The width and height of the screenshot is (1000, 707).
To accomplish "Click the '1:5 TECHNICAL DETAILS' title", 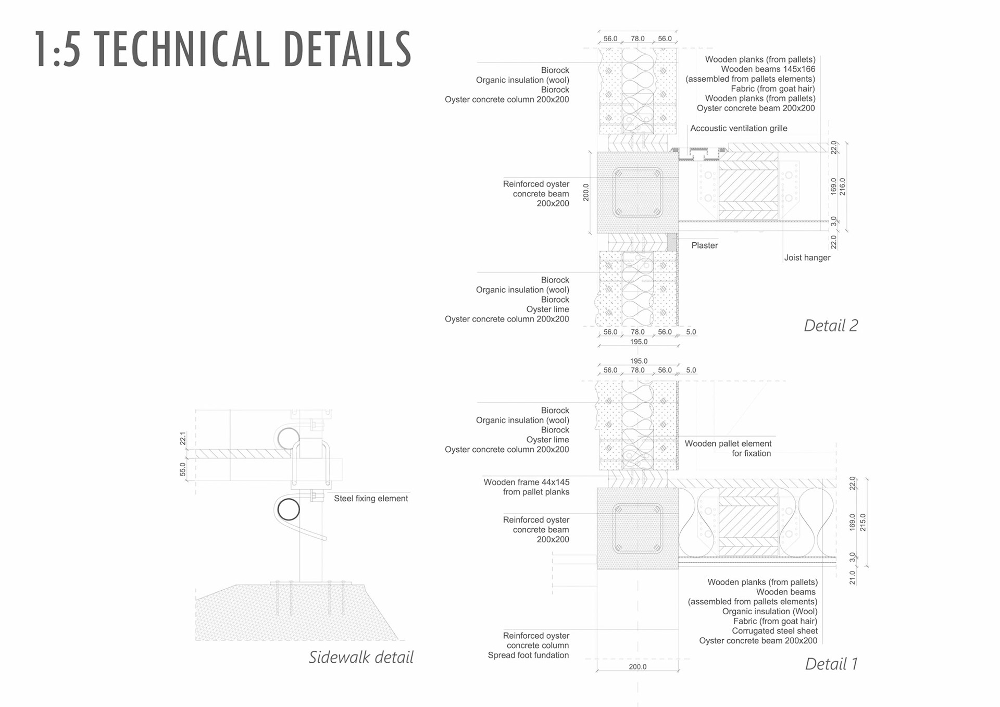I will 223,49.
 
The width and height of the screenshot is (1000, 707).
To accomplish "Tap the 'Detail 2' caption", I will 830,326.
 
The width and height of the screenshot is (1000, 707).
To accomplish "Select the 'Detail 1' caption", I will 831,664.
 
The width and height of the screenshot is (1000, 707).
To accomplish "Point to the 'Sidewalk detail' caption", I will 361,657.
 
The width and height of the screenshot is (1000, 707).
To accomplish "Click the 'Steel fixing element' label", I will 370,499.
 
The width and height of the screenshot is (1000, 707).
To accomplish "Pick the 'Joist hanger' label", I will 807,257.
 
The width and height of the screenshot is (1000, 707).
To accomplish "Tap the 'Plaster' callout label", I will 704,245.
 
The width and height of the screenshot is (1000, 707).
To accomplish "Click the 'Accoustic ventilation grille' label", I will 739,128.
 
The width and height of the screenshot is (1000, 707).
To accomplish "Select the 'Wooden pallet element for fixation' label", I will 728,449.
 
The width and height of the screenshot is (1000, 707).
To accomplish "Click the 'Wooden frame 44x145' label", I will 526,482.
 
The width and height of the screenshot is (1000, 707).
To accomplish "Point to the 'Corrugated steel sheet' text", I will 774,631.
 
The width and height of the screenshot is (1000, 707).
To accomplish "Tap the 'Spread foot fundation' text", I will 528,655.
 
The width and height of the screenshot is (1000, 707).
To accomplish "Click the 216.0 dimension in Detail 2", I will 843,187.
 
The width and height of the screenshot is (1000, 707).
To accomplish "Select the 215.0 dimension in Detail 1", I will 863,522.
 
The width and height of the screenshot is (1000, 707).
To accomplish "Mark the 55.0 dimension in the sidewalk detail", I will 183,469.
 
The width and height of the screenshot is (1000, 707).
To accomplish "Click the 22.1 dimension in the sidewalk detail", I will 183,438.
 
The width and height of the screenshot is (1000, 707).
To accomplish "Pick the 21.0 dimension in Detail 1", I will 853,577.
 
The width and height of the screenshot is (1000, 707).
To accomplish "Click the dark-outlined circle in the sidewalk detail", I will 288,510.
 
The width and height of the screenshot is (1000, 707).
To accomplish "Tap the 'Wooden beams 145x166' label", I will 768,69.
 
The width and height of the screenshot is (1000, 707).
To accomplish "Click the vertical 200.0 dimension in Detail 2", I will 586,192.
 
